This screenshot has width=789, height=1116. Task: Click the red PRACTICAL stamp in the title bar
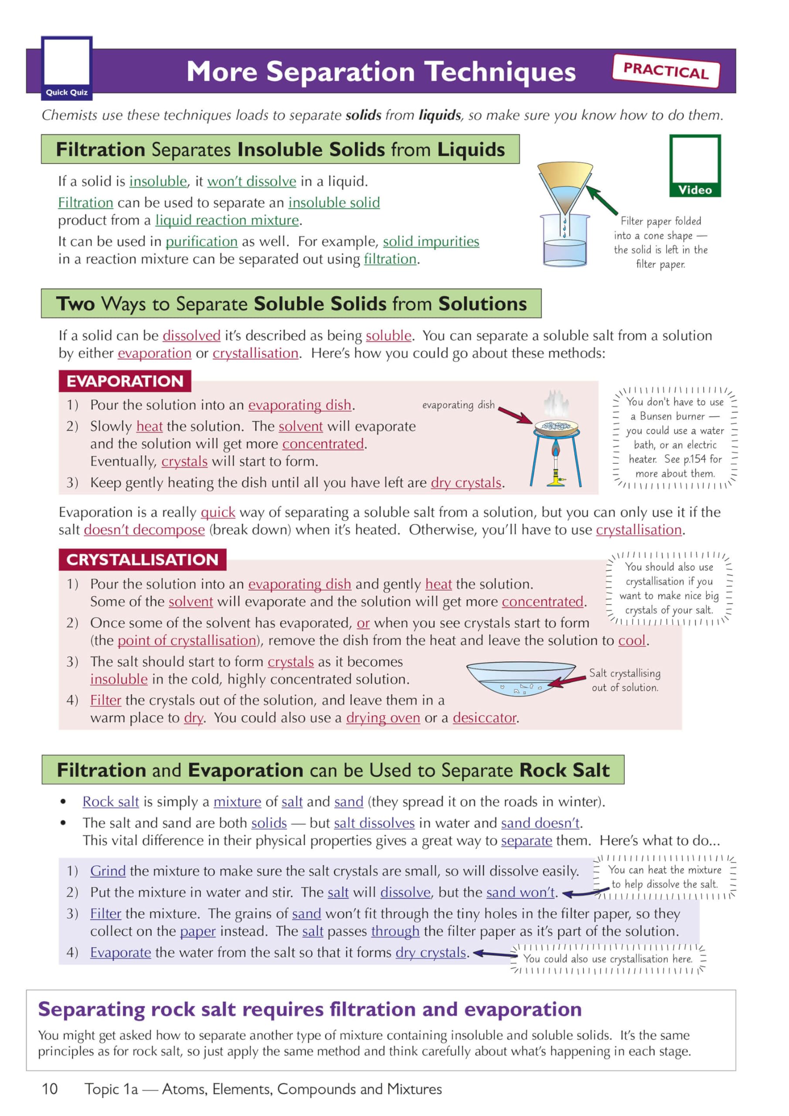click(x=666, y=71)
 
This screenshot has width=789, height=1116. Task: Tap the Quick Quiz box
click(x=67, y=68)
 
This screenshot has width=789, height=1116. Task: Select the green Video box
click(x=695, y=166)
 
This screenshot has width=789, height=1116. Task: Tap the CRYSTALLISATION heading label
click(x=142, y=559)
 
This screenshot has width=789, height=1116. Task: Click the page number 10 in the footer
click(x=50, y=1089)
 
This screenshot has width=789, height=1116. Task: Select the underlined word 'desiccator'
click(x=484, y=718)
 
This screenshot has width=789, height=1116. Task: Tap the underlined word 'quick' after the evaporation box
click(x=218, y=512)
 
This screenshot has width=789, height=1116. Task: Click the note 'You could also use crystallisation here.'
click(x=607, y=959)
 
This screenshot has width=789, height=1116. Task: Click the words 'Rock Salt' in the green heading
click(x=564, y=770)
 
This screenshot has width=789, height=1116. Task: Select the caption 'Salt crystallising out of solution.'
click(x=625, y=680)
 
